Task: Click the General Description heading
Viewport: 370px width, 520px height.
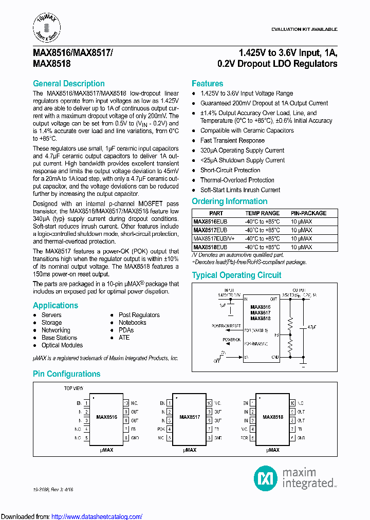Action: pyautogui.click(x=68, y=84)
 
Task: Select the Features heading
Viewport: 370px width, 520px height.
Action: pyautogui.click(x=207, y=84)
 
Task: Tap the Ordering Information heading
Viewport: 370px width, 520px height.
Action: pyautogui.click(x=229, y=201)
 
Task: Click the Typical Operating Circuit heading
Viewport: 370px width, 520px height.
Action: pyautogui.click(x=236, y=275)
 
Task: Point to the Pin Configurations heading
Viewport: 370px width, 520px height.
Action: pyautogui.click(x=66, y=374)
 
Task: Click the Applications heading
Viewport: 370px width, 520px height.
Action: pyautogui.click(x=55, y=305)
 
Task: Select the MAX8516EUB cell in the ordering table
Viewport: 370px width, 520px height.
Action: pyautogui.click(x=210, y=221)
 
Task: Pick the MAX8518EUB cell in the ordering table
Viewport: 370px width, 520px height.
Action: pyautogui.click(x=210, y=247)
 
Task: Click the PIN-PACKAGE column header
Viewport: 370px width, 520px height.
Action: pyautogui.click(x=308, y=213)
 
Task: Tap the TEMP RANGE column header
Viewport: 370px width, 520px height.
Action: pyautogui.click(x=262, y=213)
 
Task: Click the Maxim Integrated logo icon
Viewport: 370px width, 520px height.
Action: pyautogui.click(x=266, y=478)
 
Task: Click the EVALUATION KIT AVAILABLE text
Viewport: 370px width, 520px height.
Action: pyautogui.click(x=304, y=29)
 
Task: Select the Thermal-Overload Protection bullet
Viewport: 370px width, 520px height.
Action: pyautogui.click(x=237, y=180)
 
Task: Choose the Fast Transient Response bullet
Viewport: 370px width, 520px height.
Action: pyautogui.click(x=232, y=140)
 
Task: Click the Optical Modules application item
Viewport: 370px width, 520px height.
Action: pyautogui.click(x=62, y=345)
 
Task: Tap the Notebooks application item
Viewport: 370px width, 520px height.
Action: pyautogui.click(x=132, y=323)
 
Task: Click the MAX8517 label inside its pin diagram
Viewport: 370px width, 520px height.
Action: pyautogui.click(x=190, y=417)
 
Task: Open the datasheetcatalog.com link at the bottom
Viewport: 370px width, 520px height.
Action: pyautogui.click(x=97, y=516)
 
